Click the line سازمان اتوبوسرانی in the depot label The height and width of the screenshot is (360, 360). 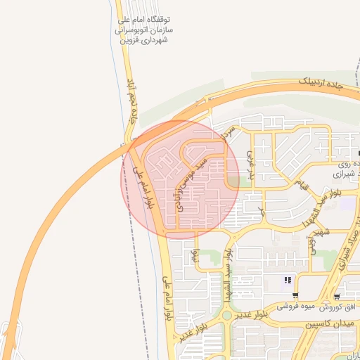146,32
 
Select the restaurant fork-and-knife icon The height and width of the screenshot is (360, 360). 288,282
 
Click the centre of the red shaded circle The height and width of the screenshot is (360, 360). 180,179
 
